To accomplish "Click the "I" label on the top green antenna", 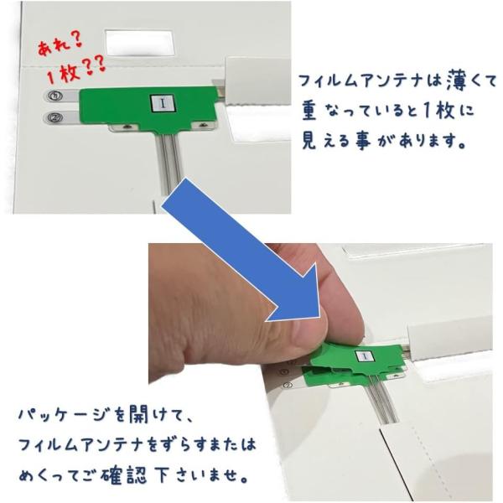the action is [x=163, y=103].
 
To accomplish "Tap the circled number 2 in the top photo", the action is [x=54, y=117].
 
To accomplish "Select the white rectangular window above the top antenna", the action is [x=139, y=43].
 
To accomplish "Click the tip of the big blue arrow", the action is [x=320, y=317].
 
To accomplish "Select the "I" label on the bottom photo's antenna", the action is [x=364, y=356].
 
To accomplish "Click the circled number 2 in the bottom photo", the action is [x=288, y=386].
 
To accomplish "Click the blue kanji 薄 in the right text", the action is [x=460, y=81].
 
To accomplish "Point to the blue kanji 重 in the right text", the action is [x=309, y=110].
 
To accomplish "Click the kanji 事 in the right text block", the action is [x=363, y=140].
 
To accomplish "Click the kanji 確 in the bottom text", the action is [x=111, y=474].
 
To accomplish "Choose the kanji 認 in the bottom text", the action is [x=137, y=474].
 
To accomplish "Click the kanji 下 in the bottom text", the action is [x=163, y=474].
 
